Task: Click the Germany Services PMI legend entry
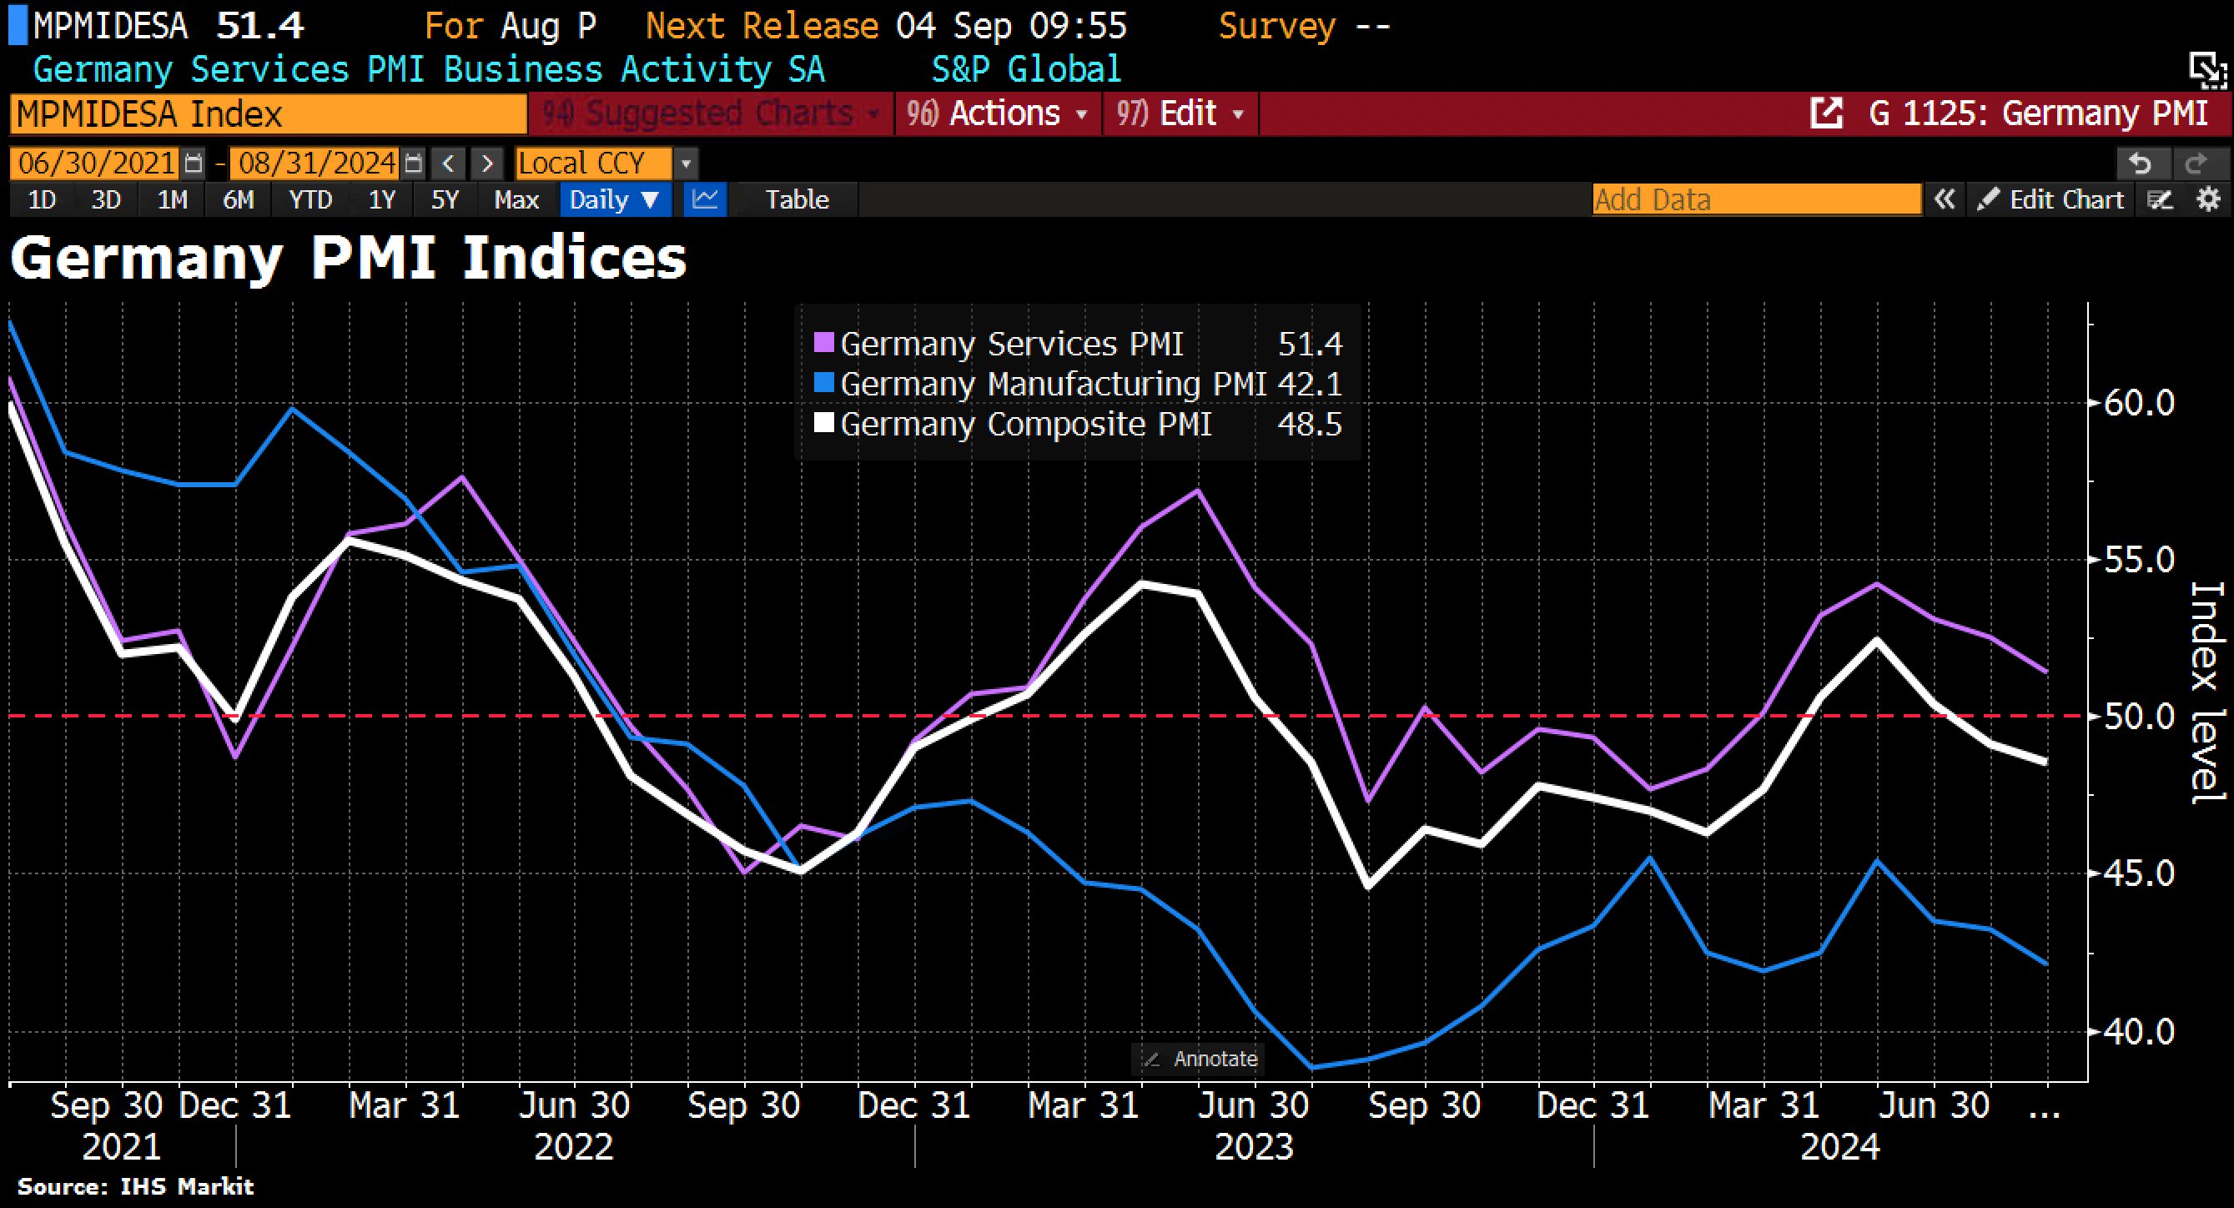1011,345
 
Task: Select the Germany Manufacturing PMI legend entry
1053,384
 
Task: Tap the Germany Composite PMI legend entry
1025,424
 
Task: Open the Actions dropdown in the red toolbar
999,113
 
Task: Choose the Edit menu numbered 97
1180,113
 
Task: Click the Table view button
796,200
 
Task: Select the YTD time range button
310,200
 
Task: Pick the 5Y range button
444,200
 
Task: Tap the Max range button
516,200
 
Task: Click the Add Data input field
1756,200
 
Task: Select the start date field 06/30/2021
96,163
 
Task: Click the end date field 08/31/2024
317,163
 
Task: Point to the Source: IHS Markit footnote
135,1186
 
